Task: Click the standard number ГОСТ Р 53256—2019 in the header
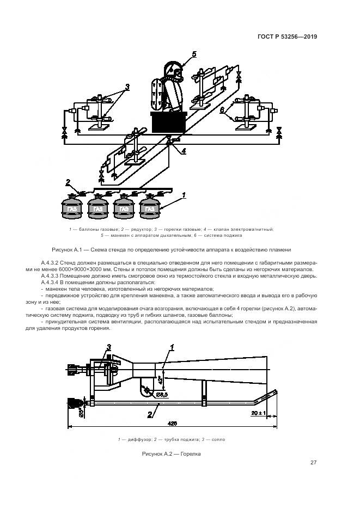[x=287, y=37]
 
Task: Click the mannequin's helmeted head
[x=173, y=70]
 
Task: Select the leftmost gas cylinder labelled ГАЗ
[x=71, y=208]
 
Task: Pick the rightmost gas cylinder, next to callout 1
[x=150, y=208]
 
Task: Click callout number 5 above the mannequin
[x=194, y=53]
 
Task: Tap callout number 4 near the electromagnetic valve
[x=184, y=150]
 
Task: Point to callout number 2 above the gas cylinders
[x=68, y=182]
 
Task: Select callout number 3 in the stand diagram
[x=127, y=87]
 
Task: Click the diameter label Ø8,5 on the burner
[x=162, y=394]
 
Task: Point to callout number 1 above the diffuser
[x=172, y=347]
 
